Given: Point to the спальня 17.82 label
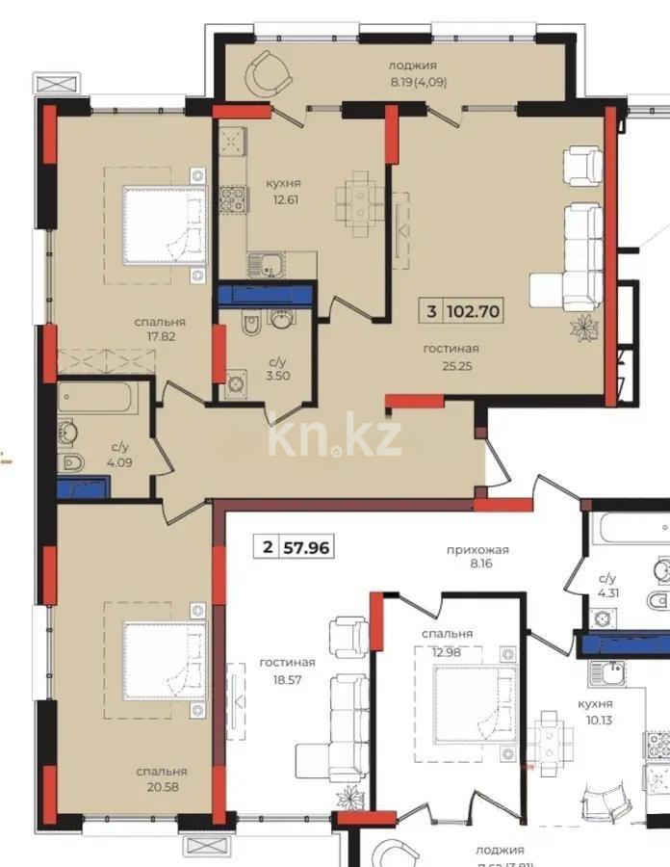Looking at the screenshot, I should click(x=160, y=329).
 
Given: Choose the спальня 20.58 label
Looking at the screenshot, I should click(x=161, y=779).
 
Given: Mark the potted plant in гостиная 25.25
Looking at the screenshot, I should click(x=584, y=327).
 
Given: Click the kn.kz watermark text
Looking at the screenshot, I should click(x=334, y=438).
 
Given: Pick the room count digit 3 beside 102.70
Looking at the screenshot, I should click(x=432, y=311).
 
